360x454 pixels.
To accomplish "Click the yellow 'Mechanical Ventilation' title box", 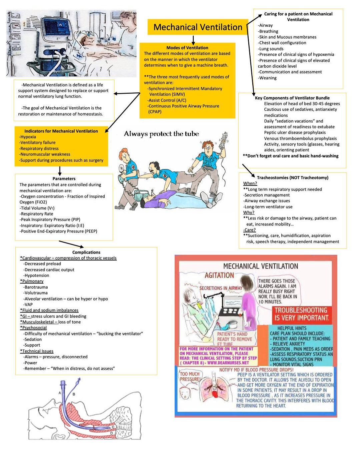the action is coord(198,27).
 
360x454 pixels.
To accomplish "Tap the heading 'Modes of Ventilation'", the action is coord(187,48).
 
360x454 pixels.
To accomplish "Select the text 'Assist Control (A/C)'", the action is coord(167,100).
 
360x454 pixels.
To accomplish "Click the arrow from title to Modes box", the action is coord(193,39).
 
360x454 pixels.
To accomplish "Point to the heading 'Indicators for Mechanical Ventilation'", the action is coord(61,131).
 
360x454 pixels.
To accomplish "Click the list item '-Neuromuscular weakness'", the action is coord(45,154).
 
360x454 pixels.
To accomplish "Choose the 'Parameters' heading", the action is coord(64,178).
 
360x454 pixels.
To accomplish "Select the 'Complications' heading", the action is coord(86,252).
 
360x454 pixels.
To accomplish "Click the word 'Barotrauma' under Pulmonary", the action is coord(36,287).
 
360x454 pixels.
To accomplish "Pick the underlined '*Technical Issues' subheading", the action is coord(37,351).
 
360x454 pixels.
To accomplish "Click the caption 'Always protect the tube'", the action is coord(161,134).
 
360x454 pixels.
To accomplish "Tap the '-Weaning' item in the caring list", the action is coord(267,78).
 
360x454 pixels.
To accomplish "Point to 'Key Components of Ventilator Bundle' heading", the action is coord(292,98).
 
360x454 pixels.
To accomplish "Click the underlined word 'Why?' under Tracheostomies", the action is coord(249,212).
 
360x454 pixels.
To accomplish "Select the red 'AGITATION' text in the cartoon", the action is coord(219,275).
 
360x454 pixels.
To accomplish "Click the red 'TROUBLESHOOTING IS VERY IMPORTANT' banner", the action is coord(301,314).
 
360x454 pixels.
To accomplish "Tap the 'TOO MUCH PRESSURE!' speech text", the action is coord(190,377).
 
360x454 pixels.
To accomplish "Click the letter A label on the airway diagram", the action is coord(60,393).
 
